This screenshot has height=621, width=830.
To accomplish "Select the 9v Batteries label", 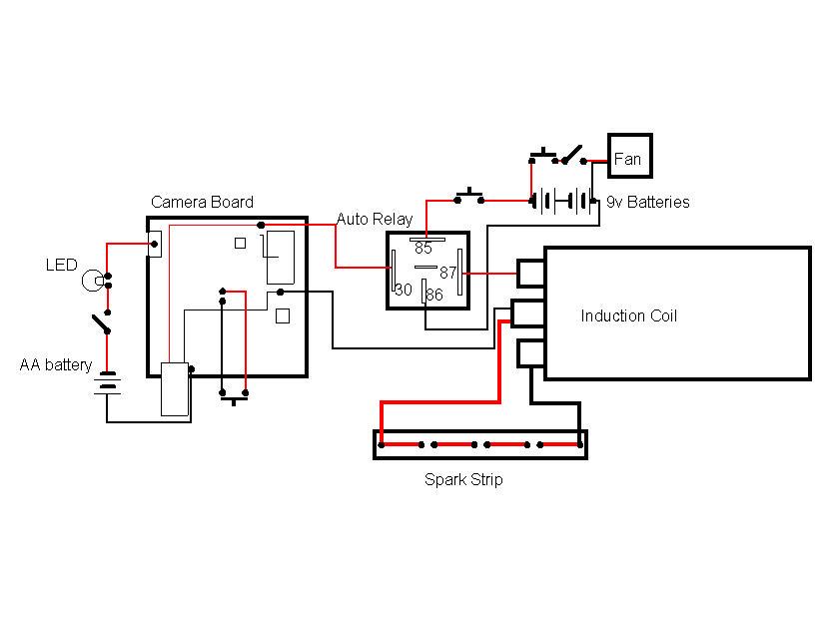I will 647,202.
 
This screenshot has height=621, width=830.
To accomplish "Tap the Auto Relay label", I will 374,219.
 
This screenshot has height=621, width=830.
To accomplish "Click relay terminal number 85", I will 423,248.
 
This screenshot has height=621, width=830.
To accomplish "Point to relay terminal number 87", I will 447,272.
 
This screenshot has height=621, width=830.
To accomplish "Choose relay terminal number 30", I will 404,290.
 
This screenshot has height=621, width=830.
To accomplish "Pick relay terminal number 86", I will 433,295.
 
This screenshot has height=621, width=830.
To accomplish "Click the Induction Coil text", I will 628,315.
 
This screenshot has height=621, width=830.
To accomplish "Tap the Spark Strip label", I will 463,479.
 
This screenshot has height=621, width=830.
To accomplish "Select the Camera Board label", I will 202,202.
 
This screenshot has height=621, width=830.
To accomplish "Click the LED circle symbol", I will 92,281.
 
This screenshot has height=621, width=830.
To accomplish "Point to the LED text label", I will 61,265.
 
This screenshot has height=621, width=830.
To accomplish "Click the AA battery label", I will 56,365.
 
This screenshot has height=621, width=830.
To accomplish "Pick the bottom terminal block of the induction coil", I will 529,354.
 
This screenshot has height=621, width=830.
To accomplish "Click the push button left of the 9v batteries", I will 468,195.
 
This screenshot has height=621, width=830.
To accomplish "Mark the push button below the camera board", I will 234,397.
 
